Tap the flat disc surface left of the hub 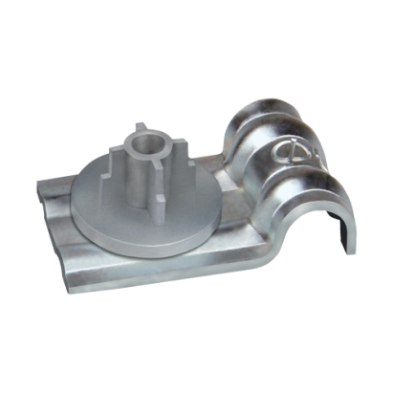tap(96, 191)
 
